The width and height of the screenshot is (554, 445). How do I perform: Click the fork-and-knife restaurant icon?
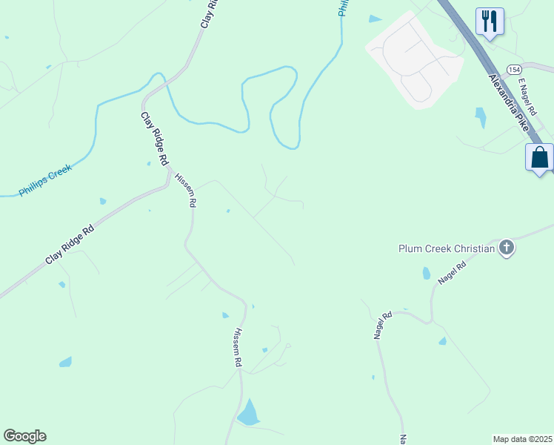[x=490, y=20]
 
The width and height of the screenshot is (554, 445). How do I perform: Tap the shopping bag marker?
[x=539, y=157]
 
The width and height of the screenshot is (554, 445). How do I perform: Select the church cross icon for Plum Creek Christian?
[x=507, y=247]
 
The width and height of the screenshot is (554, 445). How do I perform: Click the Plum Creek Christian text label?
[x=446, y=248]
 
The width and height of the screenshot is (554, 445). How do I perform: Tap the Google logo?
[x=24, y=436]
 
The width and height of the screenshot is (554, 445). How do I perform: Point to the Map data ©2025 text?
[x=522, y=439]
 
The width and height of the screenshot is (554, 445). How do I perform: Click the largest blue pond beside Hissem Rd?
[x=250, y=413]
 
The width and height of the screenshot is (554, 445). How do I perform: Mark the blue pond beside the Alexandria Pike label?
[x=481, y=117]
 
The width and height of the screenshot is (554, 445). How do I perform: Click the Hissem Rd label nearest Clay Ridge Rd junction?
[x=185, y=190]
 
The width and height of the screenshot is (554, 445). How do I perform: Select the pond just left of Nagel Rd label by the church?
[x=426, y=273]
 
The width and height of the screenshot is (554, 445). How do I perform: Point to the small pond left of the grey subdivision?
[x=375, y=19]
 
